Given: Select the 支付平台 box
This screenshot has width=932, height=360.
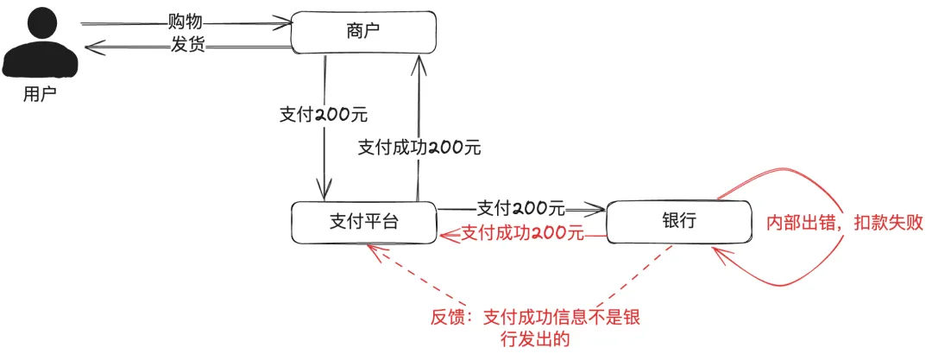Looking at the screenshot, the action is pos(364,223).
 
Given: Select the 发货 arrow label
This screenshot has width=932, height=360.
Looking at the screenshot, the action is pos(188,45).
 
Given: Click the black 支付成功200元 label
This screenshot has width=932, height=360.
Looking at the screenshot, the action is pos(419,148).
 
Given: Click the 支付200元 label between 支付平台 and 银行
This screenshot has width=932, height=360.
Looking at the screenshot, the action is pos(520,208).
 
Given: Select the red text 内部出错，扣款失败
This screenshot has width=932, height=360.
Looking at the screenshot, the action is pos(845,223).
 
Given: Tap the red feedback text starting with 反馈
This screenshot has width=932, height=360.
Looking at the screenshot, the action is pos(535,327).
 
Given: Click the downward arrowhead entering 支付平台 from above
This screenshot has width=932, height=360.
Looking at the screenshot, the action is pos(324,193).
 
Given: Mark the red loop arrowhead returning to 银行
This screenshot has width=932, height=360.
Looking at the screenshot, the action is pos(719,256).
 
